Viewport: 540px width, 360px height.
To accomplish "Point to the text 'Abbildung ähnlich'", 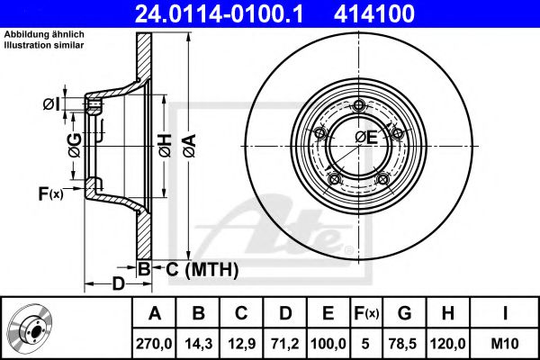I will [44, 35].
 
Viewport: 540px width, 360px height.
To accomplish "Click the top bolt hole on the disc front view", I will [359, 106].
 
